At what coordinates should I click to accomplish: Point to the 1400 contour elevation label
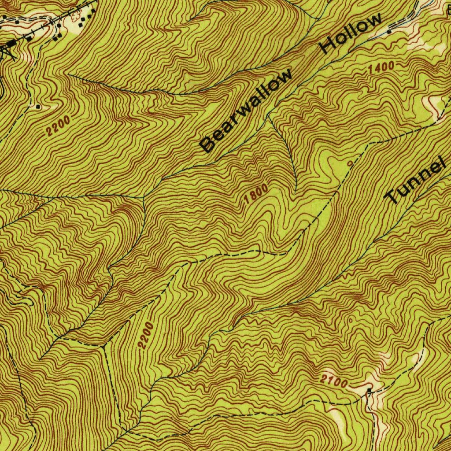380,69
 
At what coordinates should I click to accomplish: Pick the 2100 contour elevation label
334,382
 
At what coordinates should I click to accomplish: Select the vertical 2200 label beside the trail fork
146,336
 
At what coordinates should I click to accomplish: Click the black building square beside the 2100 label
369,390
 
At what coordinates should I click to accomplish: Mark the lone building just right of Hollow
389,32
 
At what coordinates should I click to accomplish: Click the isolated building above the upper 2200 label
39,107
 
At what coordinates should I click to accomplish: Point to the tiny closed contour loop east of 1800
350,163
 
